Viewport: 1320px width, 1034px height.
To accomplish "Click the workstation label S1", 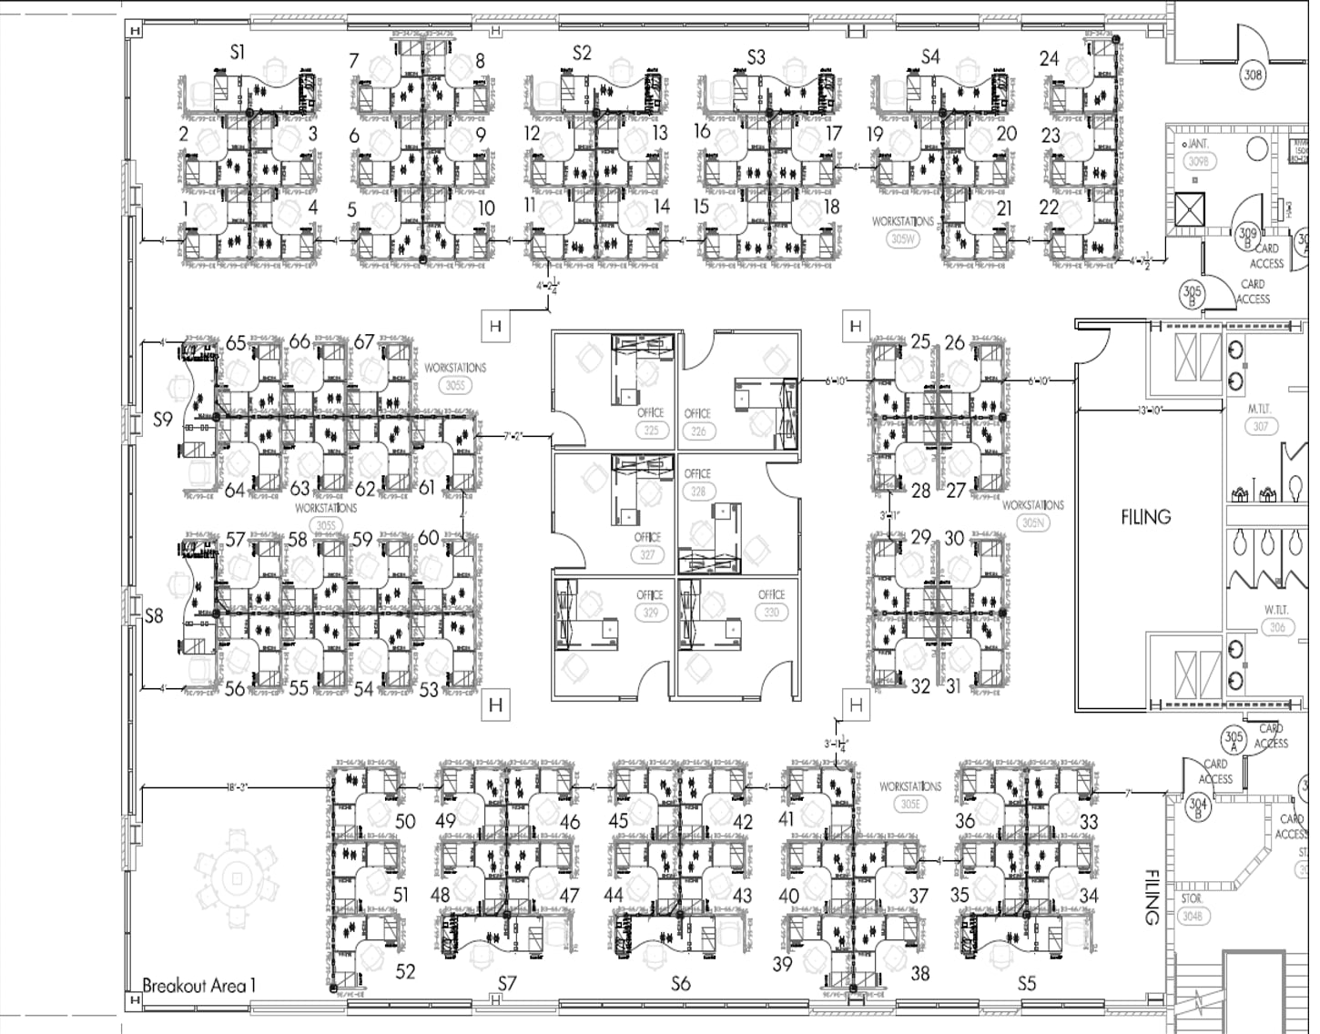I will click(238, 53).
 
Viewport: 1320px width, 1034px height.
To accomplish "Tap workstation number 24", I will click(1049, 59).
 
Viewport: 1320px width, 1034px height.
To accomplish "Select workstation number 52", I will click(406, 972).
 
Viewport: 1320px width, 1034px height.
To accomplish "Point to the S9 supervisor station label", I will click(162, 420).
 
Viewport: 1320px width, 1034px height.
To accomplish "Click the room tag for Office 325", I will click(651, 430).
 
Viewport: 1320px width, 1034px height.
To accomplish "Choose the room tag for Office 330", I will click(771, 613).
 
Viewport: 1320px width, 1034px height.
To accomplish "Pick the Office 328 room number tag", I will click(697, 492).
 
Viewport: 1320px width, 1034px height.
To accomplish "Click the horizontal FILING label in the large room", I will click(1145, 517).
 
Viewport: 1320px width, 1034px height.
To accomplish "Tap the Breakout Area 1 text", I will click(199, 985).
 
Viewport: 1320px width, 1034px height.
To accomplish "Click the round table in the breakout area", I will click(238, 877).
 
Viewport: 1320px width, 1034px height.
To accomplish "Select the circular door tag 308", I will click(1254, 75).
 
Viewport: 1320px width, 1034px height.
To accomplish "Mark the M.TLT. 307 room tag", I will click(1261, 426).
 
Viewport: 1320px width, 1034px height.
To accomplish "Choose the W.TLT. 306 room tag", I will click(1277, 627).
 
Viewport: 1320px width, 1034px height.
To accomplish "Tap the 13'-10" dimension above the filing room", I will click(1151, 411).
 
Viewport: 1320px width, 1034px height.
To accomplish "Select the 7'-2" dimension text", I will click(515, 437).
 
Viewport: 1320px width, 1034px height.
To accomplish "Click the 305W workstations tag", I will click(902, 239).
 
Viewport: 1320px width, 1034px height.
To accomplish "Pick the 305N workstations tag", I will click(1032, 523).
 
